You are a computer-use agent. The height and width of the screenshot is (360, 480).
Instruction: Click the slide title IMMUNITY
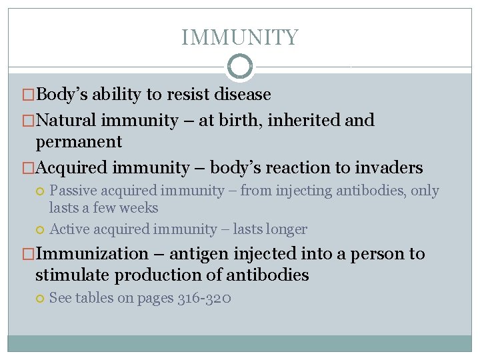pos(240,37)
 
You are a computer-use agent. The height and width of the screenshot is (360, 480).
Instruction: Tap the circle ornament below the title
pos(240,67)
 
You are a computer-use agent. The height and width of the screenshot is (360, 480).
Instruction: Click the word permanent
pos(79,142)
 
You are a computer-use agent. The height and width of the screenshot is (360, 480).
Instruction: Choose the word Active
pos(71,230)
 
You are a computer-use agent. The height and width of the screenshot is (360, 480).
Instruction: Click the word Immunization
pos(92,254)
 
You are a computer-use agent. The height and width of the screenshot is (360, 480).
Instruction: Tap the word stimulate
pos(73,275)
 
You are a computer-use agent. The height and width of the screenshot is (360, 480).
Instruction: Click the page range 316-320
pos(205,299)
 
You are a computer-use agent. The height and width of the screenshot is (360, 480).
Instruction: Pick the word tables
pos(94,299)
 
